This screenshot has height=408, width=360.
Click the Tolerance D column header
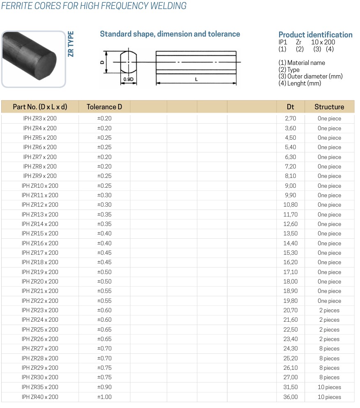(x=104, y=107)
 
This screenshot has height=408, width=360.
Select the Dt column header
(x=290, y=107)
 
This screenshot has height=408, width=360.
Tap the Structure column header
(x=329, y=107)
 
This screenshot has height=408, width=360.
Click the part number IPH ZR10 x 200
(x=40, y=186)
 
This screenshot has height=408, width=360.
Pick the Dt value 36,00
(x=291, y=397)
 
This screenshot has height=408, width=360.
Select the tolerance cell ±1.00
(x=104, y=397)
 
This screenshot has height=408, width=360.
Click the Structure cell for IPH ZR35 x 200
(x=329, y=387)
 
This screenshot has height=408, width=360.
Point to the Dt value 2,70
(x=290, y=118)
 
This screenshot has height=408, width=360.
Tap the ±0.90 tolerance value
(x=104, y=387)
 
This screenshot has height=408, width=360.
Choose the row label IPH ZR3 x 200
(x=40, y=118)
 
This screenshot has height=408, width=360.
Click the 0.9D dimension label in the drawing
(x=128, y=79)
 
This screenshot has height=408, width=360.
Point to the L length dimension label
(x=196, y=79)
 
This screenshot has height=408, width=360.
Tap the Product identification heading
(x=315, y=35)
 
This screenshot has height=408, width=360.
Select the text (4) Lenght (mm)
(x=300, y=83)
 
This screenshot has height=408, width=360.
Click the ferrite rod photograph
(x=33, y=58)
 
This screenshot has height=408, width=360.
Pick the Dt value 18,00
(x=291, y=281)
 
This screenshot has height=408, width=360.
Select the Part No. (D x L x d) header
(x=40, y=107)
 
